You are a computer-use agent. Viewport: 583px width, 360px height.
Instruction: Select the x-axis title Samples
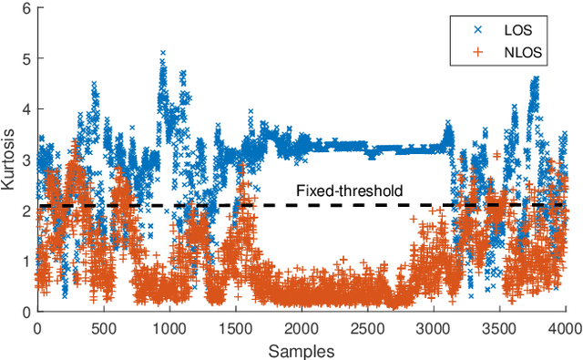click(302, 350)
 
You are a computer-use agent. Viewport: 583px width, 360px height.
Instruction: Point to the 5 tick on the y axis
click(25, 59)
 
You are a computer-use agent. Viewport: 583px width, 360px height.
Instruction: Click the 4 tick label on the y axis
click(25, 110)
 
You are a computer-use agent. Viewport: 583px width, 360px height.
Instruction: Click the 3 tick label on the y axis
click(25, 160)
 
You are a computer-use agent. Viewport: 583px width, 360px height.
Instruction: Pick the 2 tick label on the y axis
click(25, 211)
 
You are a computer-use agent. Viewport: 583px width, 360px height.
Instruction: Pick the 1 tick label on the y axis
click(25, 262)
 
